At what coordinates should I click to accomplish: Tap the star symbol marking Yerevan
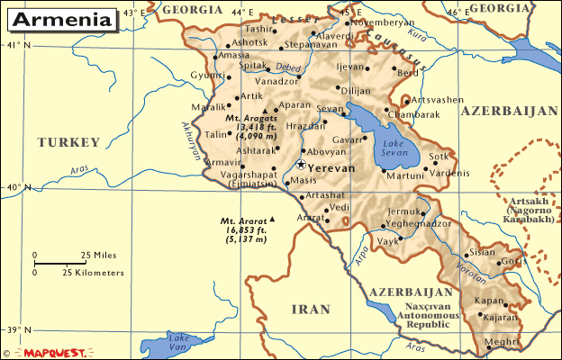[300, 165]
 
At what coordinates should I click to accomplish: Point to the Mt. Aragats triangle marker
[265, 112]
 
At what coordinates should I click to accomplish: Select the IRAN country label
[312, 310]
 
